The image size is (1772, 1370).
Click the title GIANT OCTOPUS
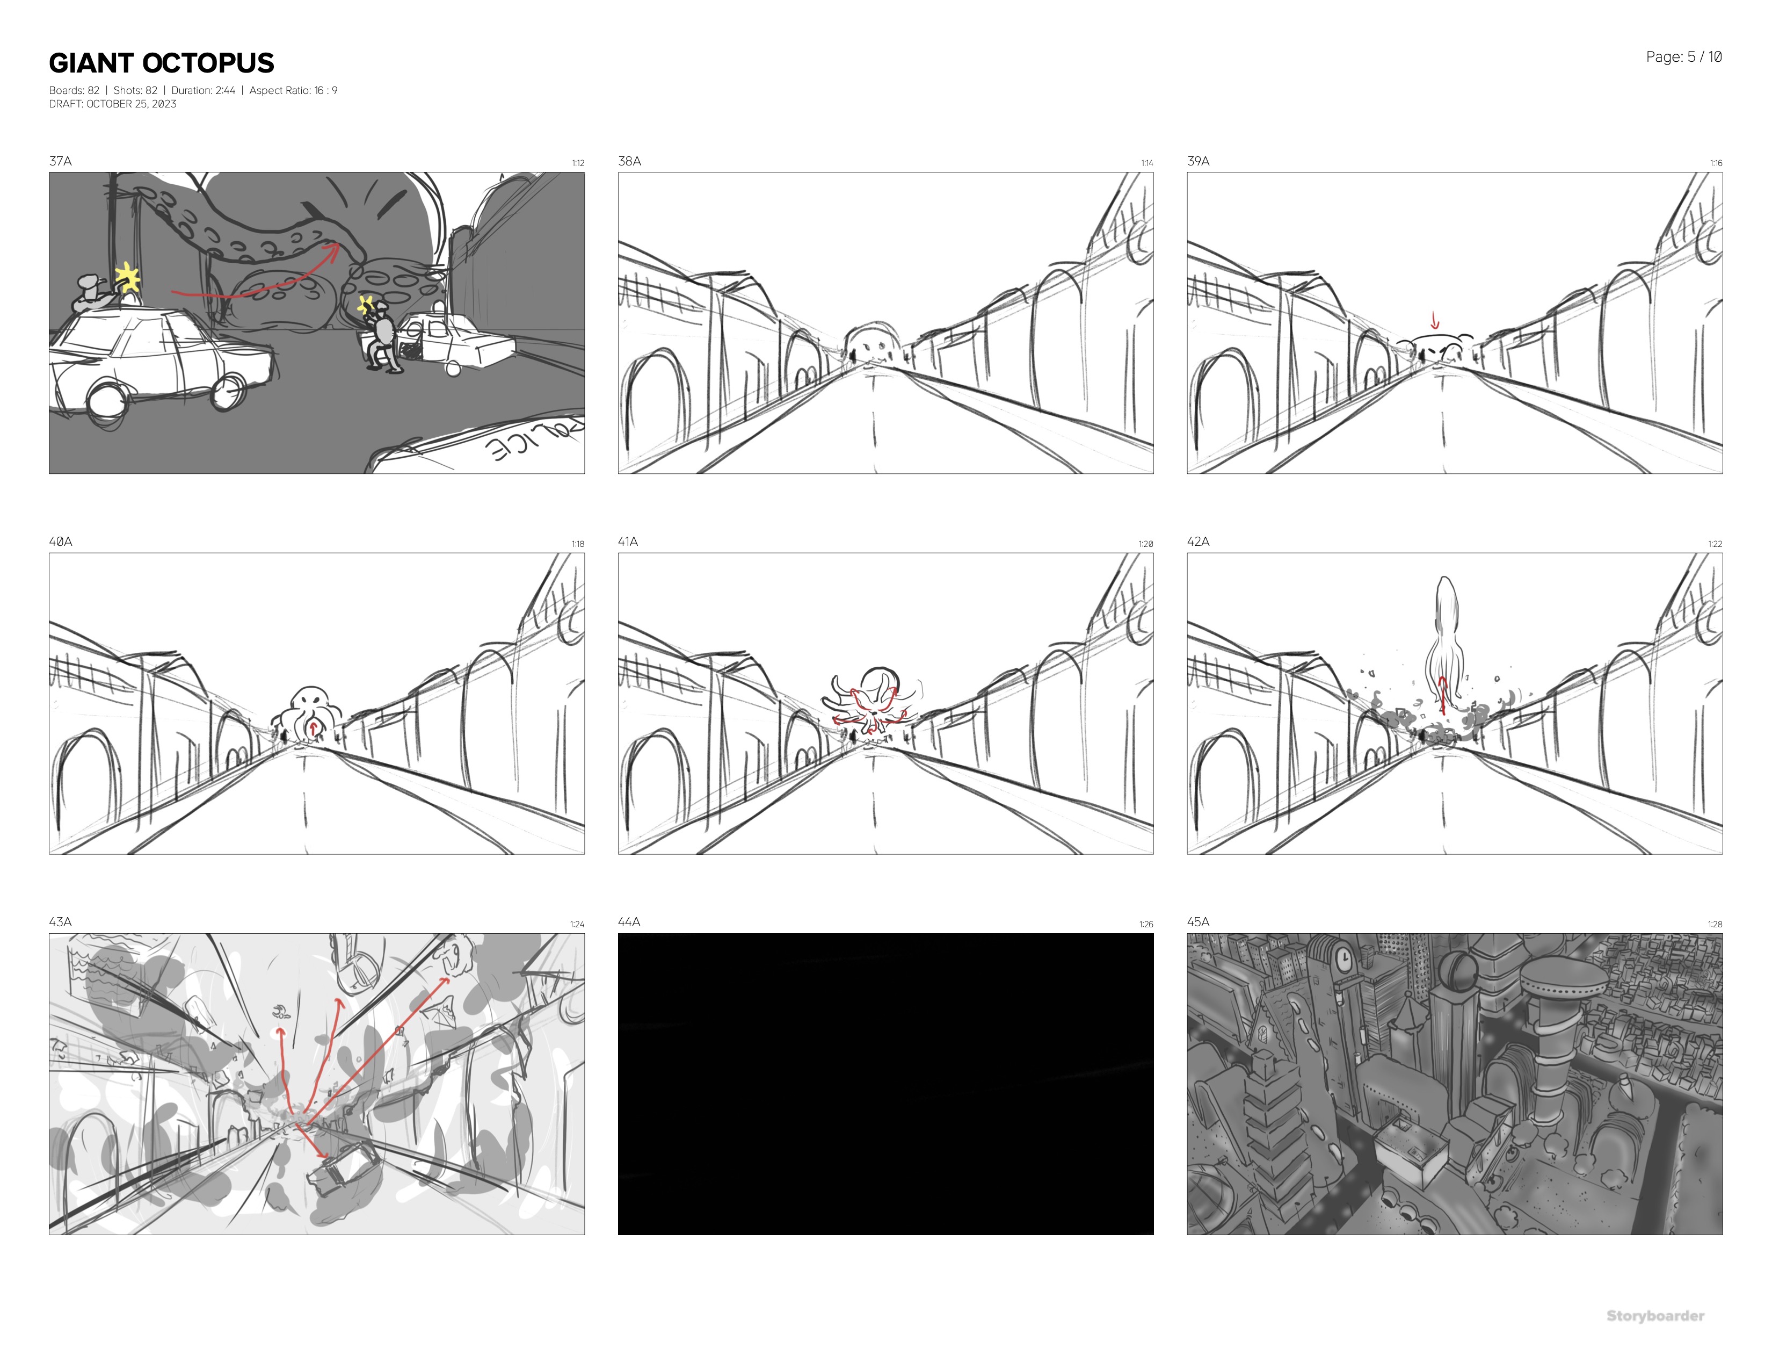pos(162,63)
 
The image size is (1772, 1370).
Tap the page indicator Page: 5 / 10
pos(1683,57)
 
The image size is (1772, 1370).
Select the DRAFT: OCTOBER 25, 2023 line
pos(113,104)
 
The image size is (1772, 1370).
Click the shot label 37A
pos(60,161)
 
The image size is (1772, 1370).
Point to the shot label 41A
pos(628,542)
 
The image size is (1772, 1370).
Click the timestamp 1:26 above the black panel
pos(1146,925)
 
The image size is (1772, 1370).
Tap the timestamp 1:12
pos(578,163)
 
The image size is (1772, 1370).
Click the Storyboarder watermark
pos(1655,1316)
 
